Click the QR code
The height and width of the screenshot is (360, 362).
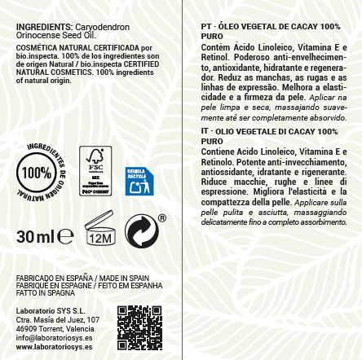[139, 327]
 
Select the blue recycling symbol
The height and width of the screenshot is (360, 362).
[139, 181]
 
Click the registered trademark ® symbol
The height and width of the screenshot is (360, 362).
[162, 217]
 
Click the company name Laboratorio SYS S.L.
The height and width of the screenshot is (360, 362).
[51, 312]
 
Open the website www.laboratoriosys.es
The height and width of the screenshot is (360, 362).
[54, 347]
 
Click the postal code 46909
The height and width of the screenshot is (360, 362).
[26, 329]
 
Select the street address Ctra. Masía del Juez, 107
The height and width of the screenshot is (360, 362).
[57, 321]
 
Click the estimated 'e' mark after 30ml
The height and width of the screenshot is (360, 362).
[67, 237]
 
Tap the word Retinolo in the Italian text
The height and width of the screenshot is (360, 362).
[219, 162]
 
